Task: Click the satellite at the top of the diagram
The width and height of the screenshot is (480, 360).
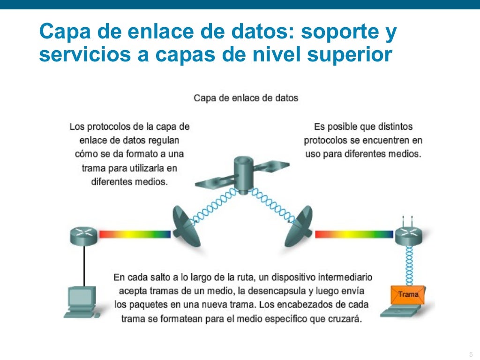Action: click(242, 173)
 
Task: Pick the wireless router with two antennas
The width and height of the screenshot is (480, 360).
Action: click(408, 234)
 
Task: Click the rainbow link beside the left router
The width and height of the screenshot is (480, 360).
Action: click(134, 234)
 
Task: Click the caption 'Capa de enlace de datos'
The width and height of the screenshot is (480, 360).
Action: click(246, 98)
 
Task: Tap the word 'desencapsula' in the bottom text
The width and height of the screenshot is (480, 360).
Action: click(293, 291)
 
